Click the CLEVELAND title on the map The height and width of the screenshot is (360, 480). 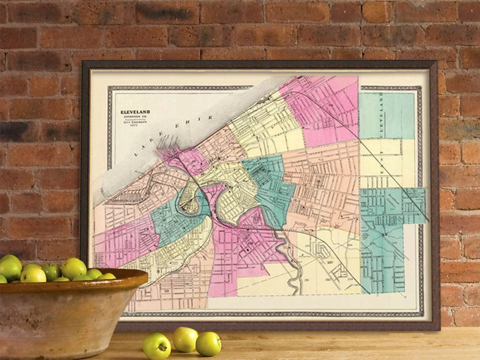[x=136, y=112]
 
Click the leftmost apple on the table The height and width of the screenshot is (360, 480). [x=156, y=346]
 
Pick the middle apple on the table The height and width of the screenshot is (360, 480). [x=185, y=339]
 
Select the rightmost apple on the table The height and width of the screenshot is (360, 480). [x=208, y=344]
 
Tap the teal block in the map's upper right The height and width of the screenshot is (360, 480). [x=387, y=116]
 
